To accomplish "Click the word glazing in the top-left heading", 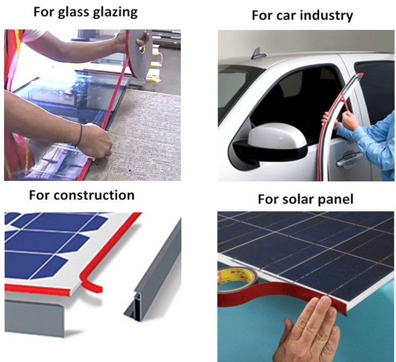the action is [x=115, y=12].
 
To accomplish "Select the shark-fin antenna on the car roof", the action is [x=258, y=54].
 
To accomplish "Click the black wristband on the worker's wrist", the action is [x=80, y=135].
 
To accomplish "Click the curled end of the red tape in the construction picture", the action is [x=91, y=284].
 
